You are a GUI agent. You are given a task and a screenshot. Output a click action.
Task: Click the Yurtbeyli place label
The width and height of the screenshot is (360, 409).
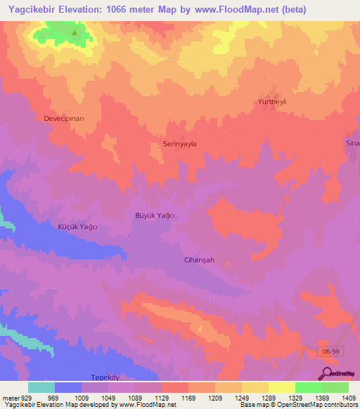point(270,102)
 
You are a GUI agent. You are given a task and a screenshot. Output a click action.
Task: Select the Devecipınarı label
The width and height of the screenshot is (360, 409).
point(64,119)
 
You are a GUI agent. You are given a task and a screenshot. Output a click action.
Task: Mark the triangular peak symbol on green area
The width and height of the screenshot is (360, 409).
point(75,32)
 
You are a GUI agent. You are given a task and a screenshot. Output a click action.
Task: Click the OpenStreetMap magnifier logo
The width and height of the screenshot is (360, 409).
point(327,373)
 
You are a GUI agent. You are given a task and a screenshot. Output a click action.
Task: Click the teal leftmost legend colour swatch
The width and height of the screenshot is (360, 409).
point(41,387)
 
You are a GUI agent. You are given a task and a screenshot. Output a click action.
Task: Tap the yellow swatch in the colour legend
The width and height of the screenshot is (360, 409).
point(282,387)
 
